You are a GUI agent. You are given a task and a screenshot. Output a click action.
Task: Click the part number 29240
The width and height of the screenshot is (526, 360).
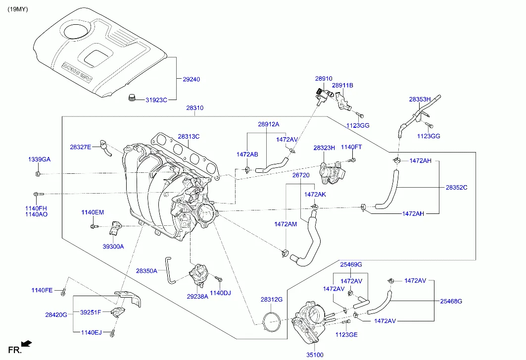coord(191,79)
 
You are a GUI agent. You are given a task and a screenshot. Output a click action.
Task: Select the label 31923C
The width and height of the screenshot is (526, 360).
coord(156,100)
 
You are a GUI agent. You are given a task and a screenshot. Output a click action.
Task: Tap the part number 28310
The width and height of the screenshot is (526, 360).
coord(194,108)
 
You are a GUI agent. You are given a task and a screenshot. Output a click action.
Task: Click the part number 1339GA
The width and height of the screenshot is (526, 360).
coord(39,159)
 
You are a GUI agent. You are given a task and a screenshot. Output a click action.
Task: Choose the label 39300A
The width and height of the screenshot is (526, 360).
coord(113,246)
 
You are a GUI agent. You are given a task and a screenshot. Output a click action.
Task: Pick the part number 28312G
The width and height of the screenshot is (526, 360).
coord(272,300)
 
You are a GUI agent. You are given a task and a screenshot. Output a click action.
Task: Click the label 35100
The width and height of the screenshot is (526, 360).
coord(315,355)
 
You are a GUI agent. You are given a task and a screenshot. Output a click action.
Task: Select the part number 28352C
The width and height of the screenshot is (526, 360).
coord(456,188)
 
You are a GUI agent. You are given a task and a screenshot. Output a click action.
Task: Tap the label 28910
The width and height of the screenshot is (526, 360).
coord(324,78)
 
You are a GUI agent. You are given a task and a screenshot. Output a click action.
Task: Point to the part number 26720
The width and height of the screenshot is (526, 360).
coord(300,175)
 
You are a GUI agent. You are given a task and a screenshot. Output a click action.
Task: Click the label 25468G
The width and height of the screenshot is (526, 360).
coord(451,301)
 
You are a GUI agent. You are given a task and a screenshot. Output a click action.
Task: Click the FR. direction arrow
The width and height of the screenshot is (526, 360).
coord(27,343)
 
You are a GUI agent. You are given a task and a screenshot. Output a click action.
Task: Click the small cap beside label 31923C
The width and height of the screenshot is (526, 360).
coord(132,97)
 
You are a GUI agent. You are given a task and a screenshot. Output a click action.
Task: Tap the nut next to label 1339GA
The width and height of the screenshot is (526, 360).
coord(38,174)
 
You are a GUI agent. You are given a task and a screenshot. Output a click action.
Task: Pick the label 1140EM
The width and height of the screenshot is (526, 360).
coord(93,212)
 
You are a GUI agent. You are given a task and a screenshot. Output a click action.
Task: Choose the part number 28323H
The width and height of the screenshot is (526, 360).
coord(324,148)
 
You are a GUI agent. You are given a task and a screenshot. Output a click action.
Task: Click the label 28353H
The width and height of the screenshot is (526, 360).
coord(420,99)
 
